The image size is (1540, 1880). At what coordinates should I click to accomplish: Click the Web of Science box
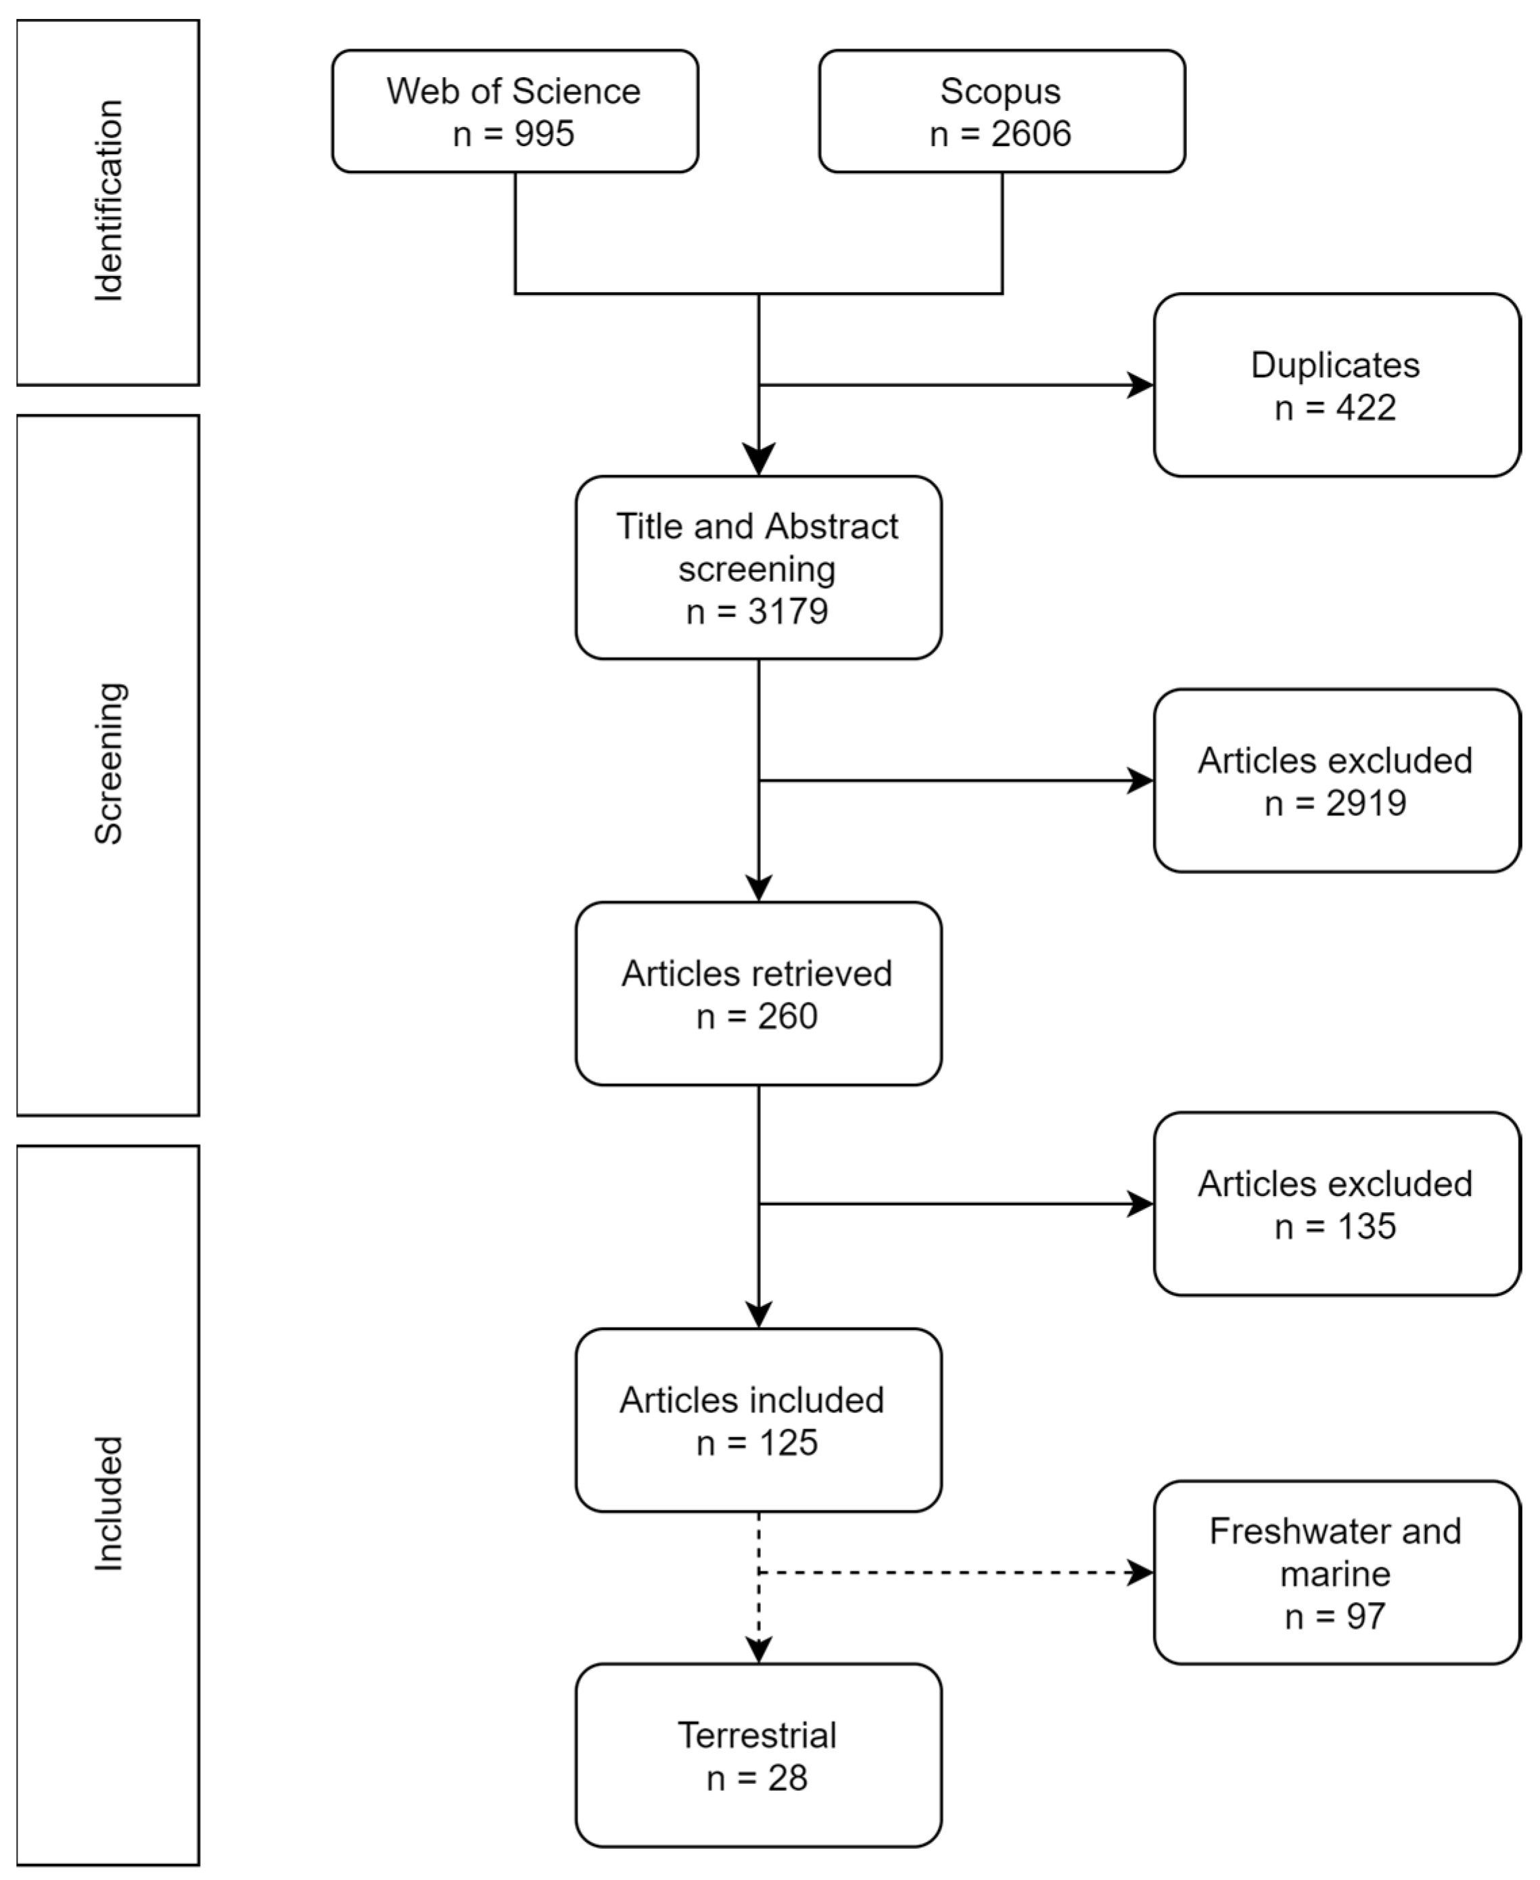(515, 111)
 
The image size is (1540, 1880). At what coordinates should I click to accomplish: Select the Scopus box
(1001, 111)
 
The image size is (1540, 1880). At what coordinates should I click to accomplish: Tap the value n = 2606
(1001, 134)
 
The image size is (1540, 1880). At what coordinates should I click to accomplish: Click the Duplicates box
(1336, 385)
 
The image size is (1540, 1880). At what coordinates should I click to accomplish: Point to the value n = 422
(1336, 408)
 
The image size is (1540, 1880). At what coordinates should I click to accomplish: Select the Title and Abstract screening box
(757, 568)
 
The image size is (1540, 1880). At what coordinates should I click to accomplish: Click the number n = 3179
(757, 612)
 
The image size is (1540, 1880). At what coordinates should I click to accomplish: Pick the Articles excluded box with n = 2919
(1336, 781)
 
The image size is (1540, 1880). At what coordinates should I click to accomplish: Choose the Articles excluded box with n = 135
(1336, 1204)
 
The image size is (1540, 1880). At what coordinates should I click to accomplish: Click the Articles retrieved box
(757, 994)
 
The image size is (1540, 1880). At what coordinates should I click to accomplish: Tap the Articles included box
(757, 1419)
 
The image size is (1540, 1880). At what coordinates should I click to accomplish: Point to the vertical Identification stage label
(108, 202)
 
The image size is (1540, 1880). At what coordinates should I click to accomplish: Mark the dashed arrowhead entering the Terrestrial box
(758, 1649)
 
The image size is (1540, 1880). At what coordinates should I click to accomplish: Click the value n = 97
(1336, 1616)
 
